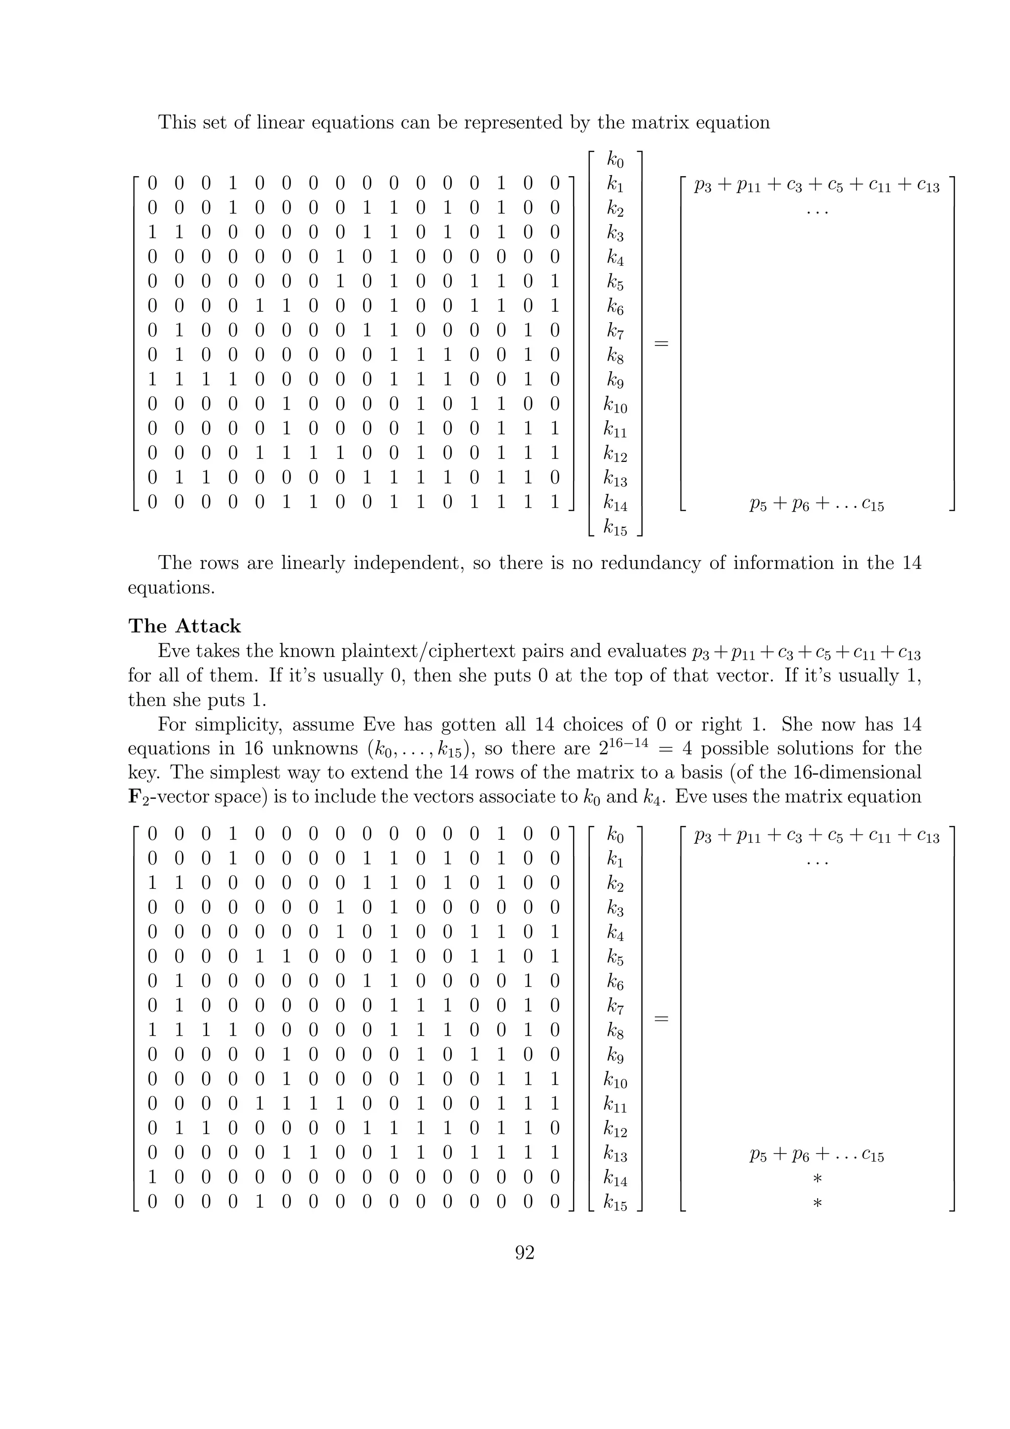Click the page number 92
pyautogui.click(x=525, y=1252)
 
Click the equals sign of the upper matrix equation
pyautogui.click(x=662, y=343)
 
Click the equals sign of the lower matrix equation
pyautogui.click(x=662, y=1019)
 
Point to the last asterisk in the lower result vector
pyautogui.click(x=817, y=1203)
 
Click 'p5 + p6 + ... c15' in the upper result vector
pyautogui.click(x=817, y=505)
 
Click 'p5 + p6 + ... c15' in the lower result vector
pyautogui.click(x=817, y=1156)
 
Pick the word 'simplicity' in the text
pyautogui.click(x=248, y=724)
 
